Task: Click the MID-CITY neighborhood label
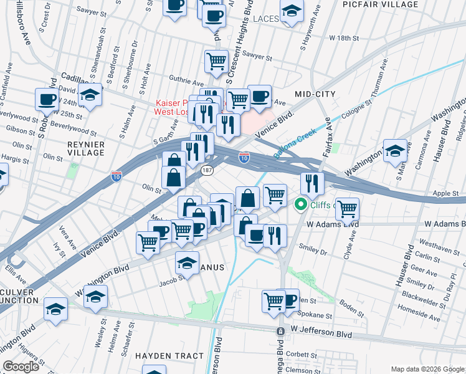315,94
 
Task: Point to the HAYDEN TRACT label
169,356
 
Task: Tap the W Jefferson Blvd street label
316,332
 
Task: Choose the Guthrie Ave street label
187,82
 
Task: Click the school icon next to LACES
292,12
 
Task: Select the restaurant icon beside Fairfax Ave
312,183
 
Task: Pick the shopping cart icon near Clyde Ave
347,208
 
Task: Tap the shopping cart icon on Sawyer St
216,61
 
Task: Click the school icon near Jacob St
187,262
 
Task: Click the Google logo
21,366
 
